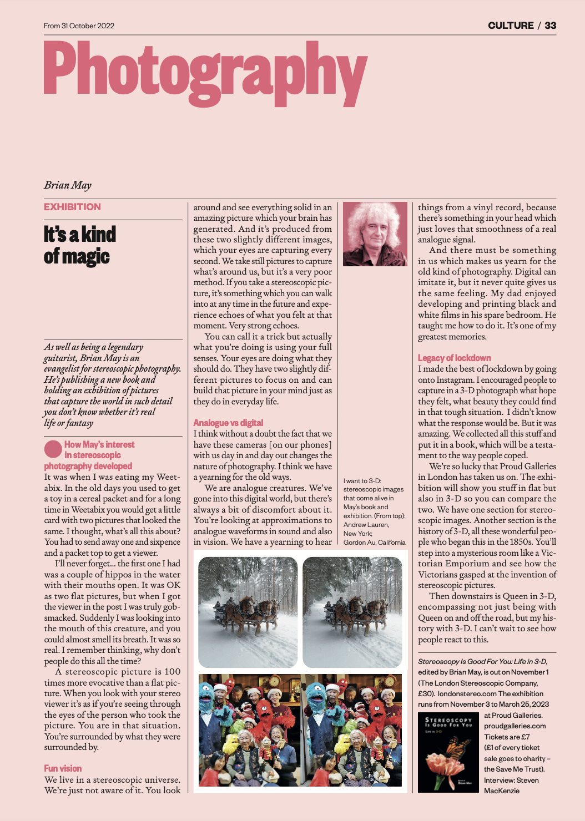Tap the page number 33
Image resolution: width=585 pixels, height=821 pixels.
550,26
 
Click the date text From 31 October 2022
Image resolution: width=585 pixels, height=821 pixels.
79,26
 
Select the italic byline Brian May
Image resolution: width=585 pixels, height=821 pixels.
68,185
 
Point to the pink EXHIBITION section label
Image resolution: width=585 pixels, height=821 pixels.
73,207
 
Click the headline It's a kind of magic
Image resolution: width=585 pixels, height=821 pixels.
79,245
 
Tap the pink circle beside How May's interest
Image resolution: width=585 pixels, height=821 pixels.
53,449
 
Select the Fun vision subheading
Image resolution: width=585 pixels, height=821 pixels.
63,768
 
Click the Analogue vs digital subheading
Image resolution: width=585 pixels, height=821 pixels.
228,423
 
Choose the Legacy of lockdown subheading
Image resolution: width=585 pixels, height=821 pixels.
455,358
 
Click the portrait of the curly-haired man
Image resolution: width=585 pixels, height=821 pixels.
375,234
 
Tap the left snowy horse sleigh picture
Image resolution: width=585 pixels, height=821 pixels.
248,612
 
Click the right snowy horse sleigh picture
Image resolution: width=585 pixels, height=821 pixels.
352,612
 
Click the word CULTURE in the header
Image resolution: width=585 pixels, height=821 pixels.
511,26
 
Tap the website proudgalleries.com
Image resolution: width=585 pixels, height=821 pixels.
515,726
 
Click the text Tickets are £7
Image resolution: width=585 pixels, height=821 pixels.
507,737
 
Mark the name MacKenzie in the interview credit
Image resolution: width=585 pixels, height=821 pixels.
502,790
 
